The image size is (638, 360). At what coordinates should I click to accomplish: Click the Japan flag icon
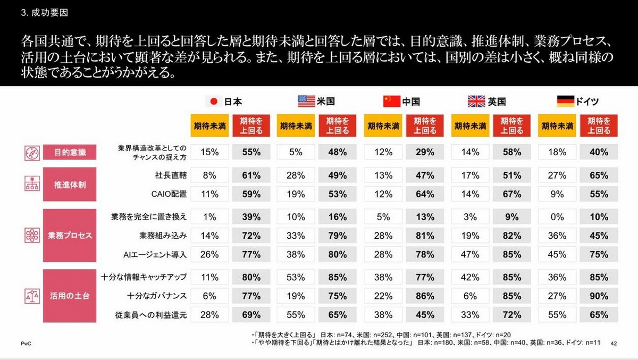[214, 101]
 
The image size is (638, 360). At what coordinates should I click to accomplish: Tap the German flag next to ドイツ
[566, 101]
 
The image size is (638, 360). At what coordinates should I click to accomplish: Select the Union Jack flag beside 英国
[476, 101]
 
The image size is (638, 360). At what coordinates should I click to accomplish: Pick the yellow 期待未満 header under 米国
[296, 126]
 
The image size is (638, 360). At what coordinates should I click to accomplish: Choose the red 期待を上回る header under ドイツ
[599, 126]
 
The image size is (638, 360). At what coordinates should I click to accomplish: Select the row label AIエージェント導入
[154, 254]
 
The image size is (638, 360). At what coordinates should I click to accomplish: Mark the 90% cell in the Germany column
[599, 296]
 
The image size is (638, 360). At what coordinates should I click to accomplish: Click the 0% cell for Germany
[557, 216]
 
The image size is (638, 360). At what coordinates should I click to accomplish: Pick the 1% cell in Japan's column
[210, 216]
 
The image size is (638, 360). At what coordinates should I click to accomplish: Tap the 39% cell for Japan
[251, 216]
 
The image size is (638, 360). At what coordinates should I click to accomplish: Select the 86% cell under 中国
[425, 296]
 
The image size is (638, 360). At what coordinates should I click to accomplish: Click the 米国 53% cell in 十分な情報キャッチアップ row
[296, 277]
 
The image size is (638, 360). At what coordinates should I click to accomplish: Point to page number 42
[614, 342]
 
